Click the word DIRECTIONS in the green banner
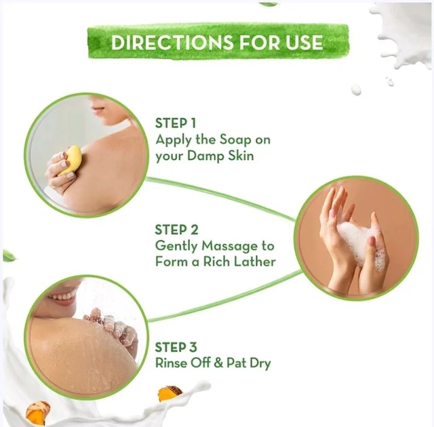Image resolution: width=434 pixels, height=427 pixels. pos(172,42)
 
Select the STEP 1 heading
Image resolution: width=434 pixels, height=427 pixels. pos(176,123)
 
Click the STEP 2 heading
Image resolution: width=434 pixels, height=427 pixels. pos(176,230)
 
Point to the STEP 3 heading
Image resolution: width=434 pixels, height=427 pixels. pos(176,347)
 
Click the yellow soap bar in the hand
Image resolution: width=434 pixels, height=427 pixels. pos(71,161)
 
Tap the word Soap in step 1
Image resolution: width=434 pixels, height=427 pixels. pos(235,140)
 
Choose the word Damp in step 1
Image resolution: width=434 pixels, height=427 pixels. pos(205,156)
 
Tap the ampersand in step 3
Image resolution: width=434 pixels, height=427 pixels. pos(218,363)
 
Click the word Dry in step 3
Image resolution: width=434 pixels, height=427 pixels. pos(260,364)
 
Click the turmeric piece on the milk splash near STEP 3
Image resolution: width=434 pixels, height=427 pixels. pos(170,393)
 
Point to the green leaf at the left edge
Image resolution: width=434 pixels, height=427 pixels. pos(9,256)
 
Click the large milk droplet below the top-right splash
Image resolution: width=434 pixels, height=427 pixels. pos(356,89)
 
